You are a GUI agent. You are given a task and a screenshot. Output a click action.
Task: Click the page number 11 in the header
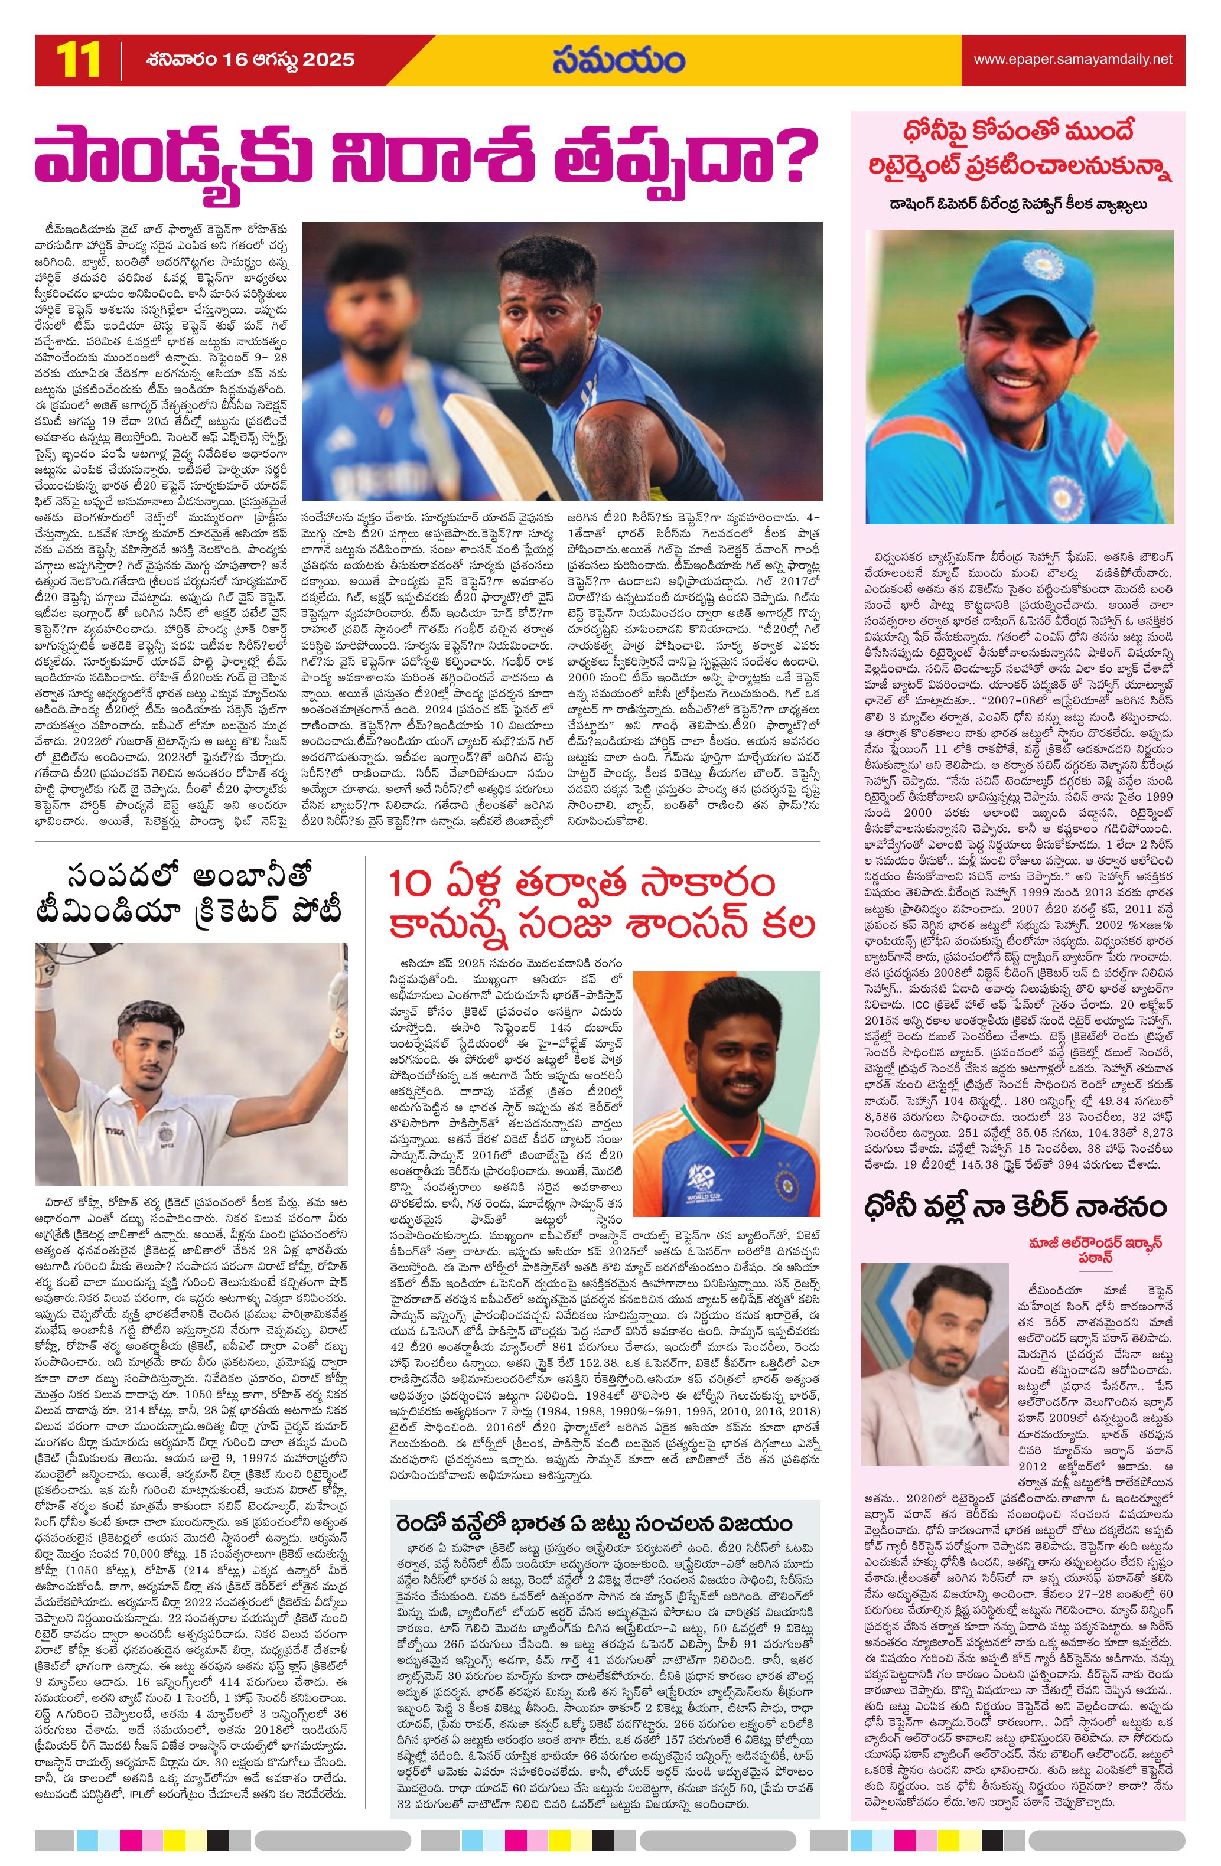click(77, 60)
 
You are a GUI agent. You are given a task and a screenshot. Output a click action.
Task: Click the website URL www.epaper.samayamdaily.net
click(1073, 60)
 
